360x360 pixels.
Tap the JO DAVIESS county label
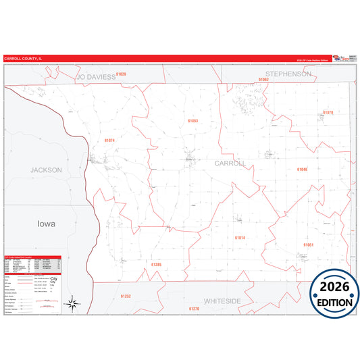click(x=96, y=77)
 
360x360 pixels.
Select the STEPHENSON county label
click(x=288, y=74)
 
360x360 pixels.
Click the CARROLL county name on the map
click(x=230, y=163)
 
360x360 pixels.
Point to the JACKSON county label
click(x=46, y=170)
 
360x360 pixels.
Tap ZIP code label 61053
click(x=192, y=121)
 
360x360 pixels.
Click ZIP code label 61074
click(x=110, y=140)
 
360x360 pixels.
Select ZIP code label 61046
click(x=302, y=170)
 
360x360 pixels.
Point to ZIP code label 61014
click(x=240, y=238)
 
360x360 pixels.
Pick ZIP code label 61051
click(x=308, y=244)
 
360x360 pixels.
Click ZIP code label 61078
click(x=328, y=112)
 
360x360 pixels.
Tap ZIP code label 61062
click(x=263, y=80)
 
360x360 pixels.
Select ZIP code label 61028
click(x=121, y=73)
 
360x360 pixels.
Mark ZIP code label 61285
click(x=156, y=264)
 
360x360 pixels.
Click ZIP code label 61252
click(x=126, y=296)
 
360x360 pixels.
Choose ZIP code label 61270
click(x=194, y=309)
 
